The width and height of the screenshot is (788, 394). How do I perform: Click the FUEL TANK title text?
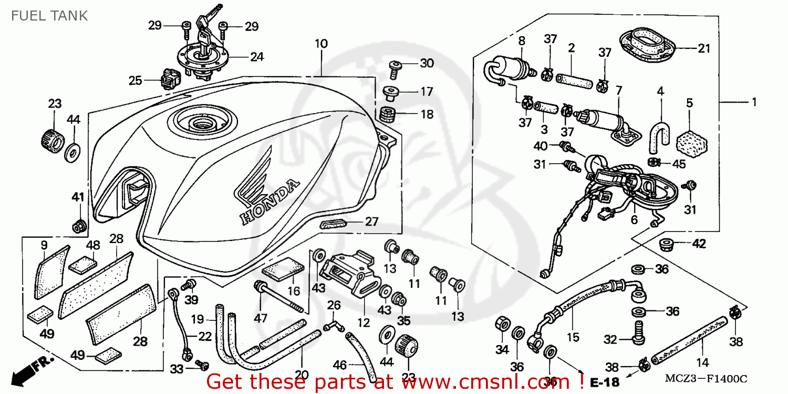point(49,16)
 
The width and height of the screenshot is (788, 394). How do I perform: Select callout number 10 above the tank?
point(321,44)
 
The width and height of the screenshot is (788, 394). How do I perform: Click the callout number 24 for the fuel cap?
point(256,57)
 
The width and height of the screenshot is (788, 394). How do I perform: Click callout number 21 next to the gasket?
point(703,49)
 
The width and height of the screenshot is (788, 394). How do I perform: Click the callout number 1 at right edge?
point(754,102)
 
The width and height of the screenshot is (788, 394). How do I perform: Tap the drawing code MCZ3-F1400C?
point(707,379)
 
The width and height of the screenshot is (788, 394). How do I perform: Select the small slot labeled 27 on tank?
point(333,223)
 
